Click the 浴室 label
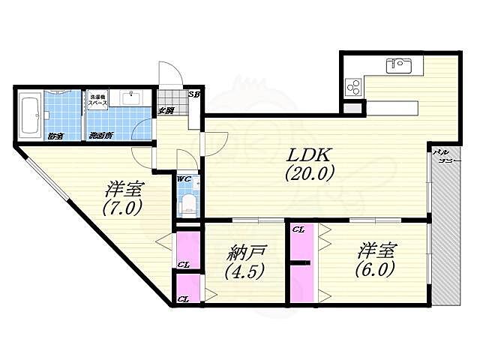(55, 136)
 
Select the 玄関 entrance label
(166, 111)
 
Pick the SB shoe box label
(193, 94)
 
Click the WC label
(184, 179)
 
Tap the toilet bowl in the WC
(187, 204)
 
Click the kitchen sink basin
(397, 66)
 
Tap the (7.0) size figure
(122, 208)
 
